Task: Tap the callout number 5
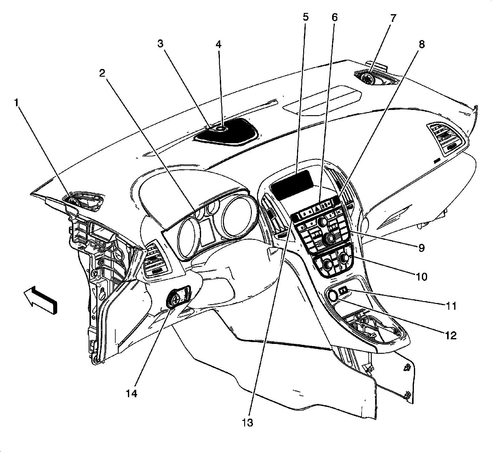305,17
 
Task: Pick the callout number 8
421,44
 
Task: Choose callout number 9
421,247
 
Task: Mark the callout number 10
422,276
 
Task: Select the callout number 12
450,335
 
